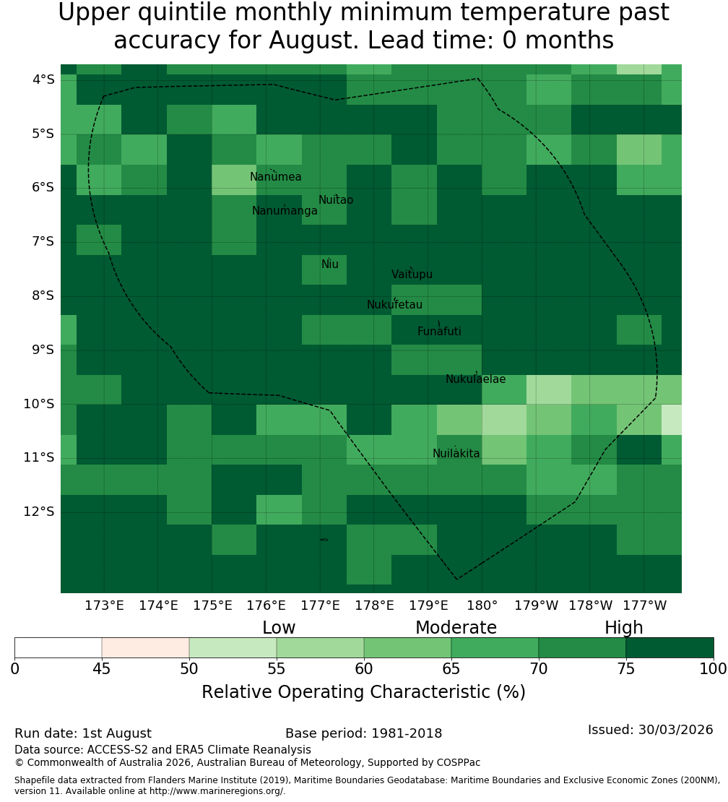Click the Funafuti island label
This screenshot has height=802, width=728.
439,332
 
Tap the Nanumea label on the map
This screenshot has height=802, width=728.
276,177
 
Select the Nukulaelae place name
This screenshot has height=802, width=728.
475,379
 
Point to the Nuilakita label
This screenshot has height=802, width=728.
456,453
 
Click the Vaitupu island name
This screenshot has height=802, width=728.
412,274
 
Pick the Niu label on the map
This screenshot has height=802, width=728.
330,264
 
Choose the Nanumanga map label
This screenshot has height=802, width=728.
285,211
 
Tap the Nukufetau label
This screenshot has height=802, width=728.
394,305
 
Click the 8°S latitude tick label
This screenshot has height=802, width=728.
40,296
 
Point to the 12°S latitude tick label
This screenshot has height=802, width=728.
39,512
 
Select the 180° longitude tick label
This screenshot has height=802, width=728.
482,605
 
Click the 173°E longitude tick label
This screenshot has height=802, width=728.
104,605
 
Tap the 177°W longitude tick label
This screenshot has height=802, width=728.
645,605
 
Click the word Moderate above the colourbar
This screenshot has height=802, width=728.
456,628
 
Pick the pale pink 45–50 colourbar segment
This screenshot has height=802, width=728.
146,647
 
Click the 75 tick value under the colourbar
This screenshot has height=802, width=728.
625,668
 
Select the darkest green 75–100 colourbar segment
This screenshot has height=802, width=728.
669,647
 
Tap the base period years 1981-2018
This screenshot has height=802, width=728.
407,733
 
